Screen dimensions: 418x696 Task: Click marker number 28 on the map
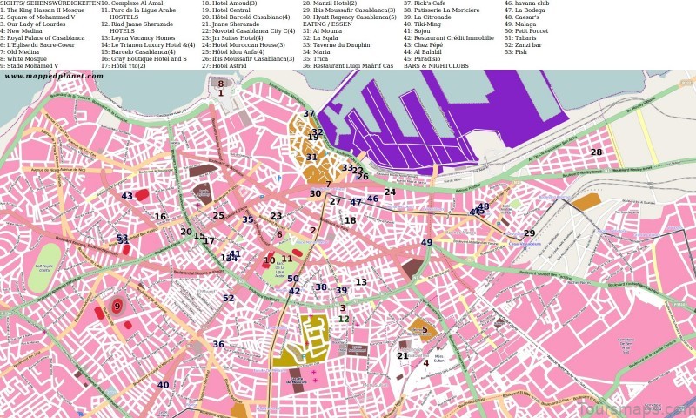click(x=596, y=152)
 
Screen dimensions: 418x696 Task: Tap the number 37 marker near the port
click(x=309, y=114)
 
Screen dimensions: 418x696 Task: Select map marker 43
click(x=127, y=197)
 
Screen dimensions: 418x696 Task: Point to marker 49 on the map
click(x=426, y=243)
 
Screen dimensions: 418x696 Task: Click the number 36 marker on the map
click(x=218, y=345)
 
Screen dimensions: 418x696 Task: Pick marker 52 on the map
click(x=228, y=299)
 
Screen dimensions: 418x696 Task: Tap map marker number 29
click(x=529, y=233)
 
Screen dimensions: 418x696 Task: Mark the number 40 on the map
click(x=164, y=385)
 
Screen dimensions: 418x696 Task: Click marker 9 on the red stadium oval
click(x=117, y=307)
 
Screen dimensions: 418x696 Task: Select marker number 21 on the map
click(x=402, y=356)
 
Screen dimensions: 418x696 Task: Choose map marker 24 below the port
click(x=390, y=192)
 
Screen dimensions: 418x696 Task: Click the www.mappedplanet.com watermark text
click(x=53, y=77)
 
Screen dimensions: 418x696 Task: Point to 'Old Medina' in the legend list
click(x=21, y=51)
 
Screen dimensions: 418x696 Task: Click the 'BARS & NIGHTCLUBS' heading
click(x=436, y=66)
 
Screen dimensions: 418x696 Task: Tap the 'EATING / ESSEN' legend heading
click(x=328, y=24)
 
